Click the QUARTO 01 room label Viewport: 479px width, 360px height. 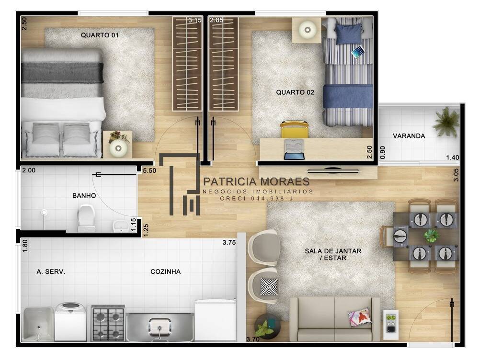(x=100, y=35)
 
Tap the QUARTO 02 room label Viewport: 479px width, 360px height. (x=295, y=92)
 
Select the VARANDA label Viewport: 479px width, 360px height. (x=409, y=136)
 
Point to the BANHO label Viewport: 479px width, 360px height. (x=84, y=195)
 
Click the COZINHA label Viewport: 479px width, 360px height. (x=165, y=271)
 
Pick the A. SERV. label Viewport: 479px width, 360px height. (x=51, y=271)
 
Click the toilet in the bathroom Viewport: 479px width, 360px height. (x=86, y=218)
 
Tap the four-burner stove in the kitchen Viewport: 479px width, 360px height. (x=108, y=323)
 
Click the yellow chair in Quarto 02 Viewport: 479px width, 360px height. (x=295, y=129)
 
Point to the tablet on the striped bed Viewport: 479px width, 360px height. (x=358, y=52)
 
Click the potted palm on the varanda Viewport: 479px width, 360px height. (x=446, y=122)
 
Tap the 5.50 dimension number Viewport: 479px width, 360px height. (x=149, y=170)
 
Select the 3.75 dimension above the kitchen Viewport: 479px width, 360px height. (x=229, y=242)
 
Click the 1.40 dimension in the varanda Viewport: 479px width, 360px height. (x=453, y=157)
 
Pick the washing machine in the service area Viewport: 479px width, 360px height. (x=70, y=321)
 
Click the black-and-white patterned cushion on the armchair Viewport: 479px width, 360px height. (x=269, y=287)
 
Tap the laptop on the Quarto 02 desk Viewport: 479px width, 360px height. (x=294, y=149)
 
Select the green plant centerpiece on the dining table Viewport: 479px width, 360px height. (x=431, y=236)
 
